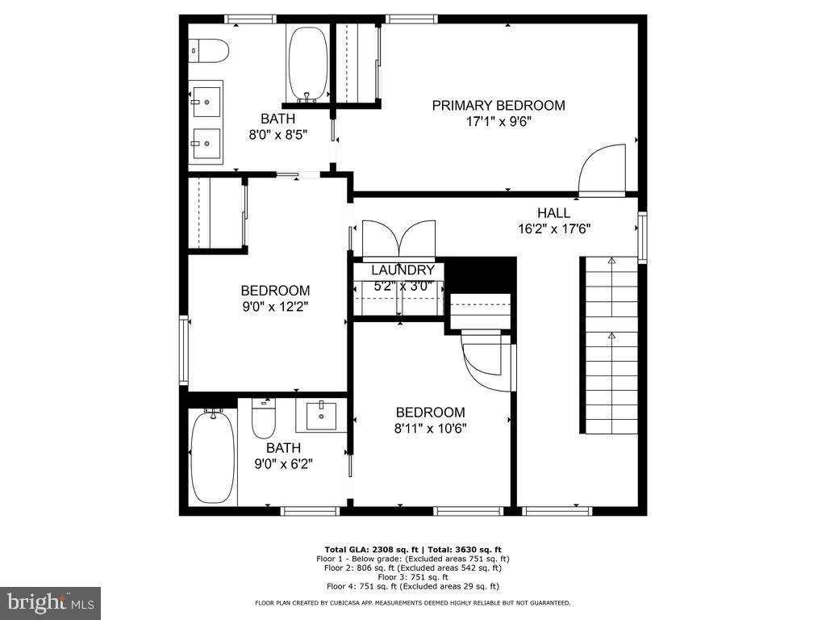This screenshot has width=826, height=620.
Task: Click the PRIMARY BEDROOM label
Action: (498, 105)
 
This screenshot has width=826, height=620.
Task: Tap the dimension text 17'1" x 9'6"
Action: (498, 122)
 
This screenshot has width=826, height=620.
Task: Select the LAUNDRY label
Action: (403, 270)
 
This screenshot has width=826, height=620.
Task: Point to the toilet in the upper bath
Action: (210, 50)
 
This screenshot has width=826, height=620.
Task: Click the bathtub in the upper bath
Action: (307, 63)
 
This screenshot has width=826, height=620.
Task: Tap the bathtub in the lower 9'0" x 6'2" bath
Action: (213, 457)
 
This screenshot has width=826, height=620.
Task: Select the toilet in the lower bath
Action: (264, 419)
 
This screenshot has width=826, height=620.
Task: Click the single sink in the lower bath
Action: (321, 415)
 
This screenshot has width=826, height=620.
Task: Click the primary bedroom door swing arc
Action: (603, 169)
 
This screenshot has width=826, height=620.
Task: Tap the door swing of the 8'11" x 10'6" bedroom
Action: (487, 364)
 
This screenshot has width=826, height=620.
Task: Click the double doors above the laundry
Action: (398, 240)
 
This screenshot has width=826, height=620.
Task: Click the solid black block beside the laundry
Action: (481, 275)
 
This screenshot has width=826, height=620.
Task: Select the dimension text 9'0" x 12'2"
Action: (275, 307)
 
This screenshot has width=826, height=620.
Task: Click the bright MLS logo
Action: (50, 602)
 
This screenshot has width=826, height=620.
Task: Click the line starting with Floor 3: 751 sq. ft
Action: (412, 577)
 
